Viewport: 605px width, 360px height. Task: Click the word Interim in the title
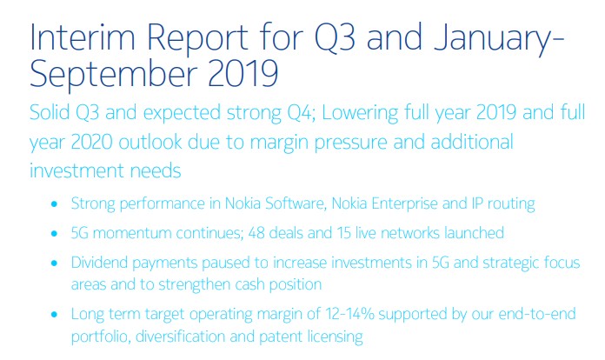83,37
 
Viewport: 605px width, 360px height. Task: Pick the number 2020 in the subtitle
92,142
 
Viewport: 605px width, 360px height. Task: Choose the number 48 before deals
256,233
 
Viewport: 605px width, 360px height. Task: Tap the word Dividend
99,263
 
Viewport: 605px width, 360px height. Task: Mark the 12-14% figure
349,314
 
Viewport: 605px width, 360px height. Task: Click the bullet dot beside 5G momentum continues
54,233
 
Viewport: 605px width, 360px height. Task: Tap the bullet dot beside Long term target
54,315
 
